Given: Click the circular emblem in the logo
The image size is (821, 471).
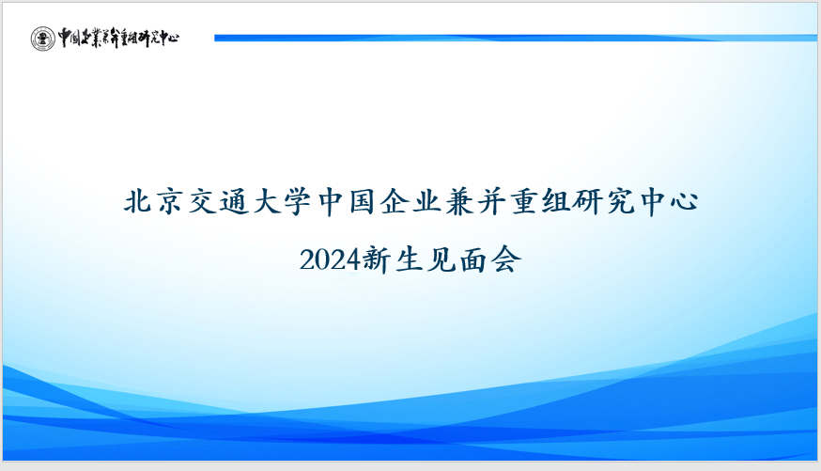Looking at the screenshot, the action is click(x=42, y=39).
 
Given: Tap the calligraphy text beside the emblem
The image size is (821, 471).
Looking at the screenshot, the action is click(x=118, y=38).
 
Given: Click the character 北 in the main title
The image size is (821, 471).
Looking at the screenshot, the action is click(x=139, y=202).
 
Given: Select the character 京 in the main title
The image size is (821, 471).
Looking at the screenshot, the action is click(x=170, y=202).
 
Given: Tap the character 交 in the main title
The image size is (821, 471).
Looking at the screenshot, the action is click(x=203, y=202).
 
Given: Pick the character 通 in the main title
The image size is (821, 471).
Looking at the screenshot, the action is click(x=235, y=202).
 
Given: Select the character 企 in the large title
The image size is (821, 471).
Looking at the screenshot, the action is click(x=395, y=202).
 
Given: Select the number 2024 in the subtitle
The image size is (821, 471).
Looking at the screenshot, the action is click(x=330, y=259).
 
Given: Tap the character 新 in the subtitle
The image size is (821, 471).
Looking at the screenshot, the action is click(x=377, y=259).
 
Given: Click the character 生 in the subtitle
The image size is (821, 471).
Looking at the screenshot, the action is click(x=409, y=259).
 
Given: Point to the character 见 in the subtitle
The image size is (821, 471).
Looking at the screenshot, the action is click(x=441, y=259).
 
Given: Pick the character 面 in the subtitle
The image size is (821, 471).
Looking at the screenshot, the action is click(x=473, y=259).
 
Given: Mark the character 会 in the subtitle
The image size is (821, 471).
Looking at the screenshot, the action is click(x=507, y=259).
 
